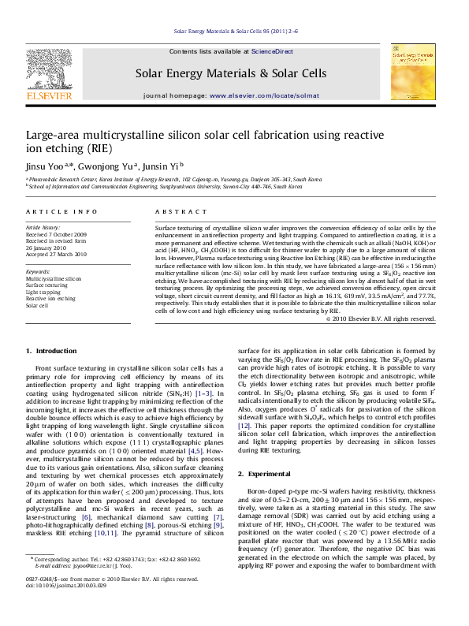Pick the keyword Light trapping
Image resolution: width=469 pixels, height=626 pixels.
click(x=44, y=292)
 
